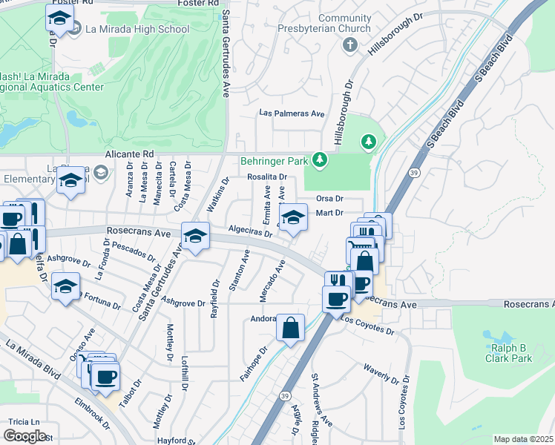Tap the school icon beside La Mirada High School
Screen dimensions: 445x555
pyautogui.click(x=57, y=19)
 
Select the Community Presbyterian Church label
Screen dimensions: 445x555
pyautogui.click(x=344, y=23)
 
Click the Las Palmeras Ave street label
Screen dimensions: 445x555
pyautogui.click(x=292, y=113)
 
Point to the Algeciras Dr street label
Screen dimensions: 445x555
pyautogui.click(x=251, y=232)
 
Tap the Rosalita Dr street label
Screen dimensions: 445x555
pyautogui.click(x=267, y=177)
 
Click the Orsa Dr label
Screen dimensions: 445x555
pyautogui.click(x=329, y=199)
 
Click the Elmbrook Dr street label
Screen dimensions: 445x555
pyautogui.click(x=92, y=415)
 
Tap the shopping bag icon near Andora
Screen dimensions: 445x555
pyautogui.click(x=290, y=327)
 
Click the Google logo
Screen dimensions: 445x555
pyautogui.click(x=25, y=435)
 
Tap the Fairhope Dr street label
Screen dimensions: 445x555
pyautogui.click(x=253, y=363)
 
